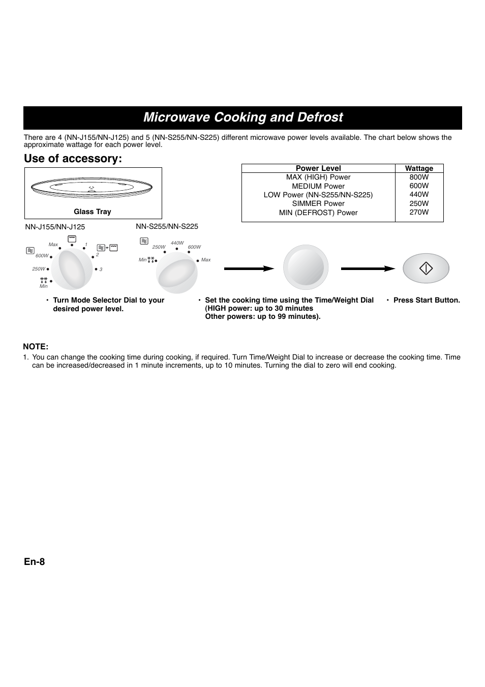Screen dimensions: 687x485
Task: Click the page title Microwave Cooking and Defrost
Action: coord(243,117)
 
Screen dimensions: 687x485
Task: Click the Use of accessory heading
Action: coord(73,159)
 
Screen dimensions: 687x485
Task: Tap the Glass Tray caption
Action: coord(92,212)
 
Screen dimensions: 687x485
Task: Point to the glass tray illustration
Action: coord(93,188)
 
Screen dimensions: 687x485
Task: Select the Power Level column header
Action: coord(318,168)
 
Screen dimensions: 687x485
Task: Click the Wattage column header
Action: coord(419,168)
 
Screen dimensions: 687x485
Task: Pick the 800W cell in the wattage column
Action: coord(419,177)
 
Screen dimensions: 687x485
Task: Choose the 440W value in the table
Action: coord(419,194)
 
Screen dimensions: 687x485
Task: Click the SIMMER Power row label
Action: coord(318,203)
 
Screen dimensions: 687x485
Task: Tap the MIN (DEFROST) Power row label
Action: coord(318,213)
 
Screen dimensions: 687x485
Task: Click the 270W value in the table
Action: coord(419,212)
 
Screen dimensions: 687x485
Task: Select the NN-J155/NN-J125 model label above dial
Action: coord(55,227)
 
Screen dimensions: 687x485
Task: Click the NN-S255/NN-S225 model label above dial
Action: coord(167,226)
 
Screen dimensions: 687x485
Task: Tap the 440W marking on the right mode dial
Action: coord(177,243)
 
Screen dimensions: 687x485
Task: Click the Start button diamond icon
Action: coord(426,268)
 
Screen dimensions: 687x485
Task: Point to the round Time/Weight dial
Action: coord(306,268)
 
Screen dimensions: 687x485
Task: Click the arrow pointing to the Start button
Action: coord(368,268)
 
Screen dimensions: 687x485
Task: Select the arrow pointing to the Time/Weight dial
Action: coord(249,268)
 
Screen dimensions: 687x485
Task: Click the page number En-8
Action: coord(34,561)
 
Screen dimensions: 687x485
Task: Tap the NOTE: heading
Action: coord(36,347)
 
